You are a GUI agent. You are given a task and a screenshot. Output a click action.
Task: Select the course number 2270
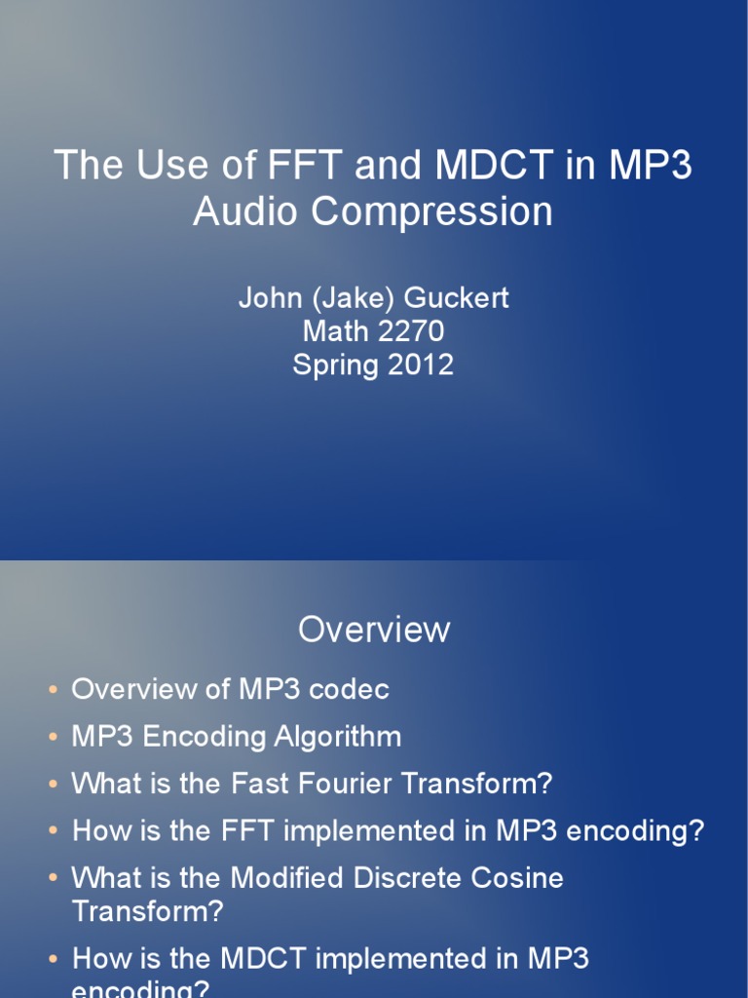(x=406, y=331)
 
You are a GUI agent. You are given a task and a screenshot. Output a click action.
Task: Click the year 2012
(x=418, y=365)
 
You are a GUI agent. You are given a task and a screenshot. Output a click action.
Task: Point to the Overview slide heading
(x=374, y=630)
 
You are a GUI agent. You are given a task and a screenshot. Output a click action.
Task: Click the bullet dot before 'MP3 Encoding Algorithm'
(x=53, y=737)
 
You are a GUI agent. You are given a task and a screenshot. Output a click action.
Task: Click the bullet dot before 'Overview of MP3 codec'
(x=53, y=690)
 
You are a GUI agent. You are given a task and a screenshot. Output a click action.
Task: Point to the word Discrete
(x=392, y=877)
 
